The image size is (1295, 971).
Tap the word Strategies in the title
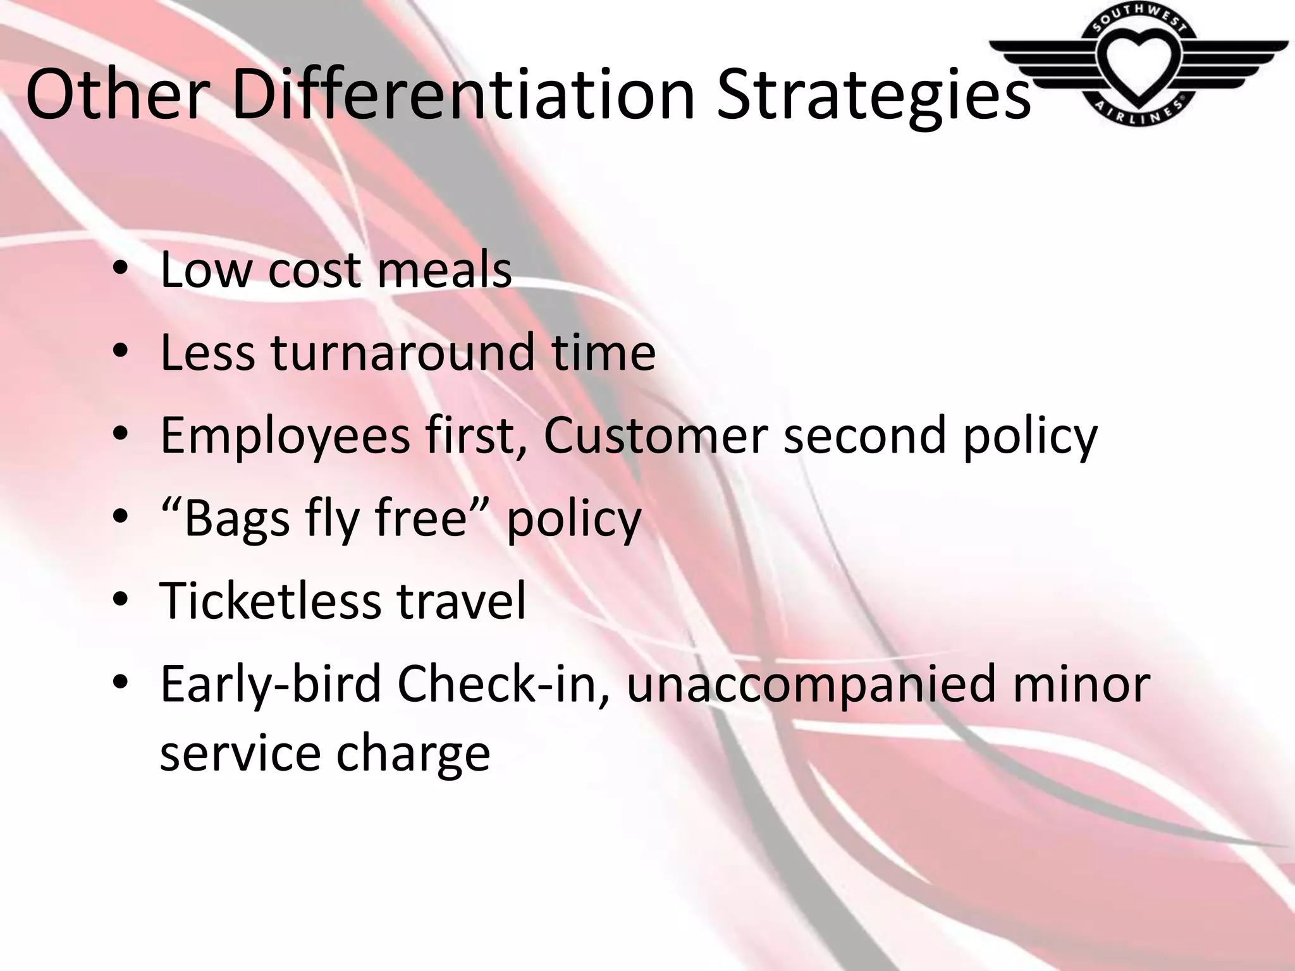pos(873,96)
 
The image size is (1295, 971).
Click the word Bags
pos(237,520)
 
